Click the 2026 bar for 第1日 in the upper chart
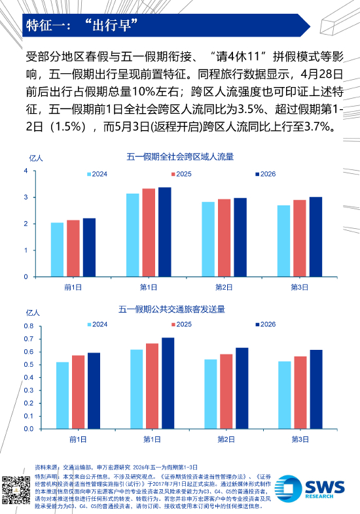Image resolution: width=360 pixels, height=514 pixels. (x=165, y=232)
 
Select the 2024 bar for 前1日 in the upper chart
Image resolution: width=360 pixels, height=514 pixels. (x=57, y=250)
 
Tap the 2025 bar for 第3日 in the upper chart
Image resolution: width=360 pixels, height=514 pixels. (x=300, y=238)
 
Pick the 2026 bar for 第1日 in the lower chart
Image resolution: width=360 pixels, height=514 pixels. (x=168, y=383)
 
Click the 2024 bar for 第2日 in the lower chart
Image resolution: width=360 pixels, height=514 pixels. (x=211, y=394)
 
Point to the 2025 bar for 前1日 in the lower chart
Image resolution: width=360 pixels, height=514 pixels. (x=78, y=392)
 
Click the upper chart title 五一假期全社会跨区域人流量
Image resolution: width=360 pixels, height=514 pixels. (x=180, y=157)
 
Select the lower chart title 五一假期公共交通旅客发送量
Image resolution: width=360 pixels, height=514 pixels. (x=171, y=309)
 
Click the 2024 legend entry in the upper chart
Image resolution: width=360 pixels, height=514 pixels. (x=97, y=174)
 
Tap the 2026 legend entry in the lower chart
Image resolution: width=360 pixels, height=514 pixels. (x=266, y=324)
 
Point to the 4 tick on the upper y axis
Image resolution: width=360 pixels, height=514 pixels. (x=26, y=171)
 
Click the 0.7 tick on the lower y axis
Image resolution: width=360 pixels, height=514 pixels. (x=29, y=339)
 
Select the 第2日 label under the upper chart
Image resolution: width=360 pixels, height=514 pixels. (x=224, y=288)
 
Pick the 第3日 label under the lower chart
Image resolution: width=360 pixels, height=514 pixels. (x=300, y=439)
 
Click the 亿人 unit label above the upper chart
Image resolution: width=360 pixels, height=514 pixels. (x=36, y=158)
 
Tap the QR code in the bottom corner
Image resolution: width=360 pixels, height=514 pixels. (x=16, y=490)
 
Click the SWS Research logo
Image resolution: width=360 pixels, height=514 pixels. (x=310, y=488)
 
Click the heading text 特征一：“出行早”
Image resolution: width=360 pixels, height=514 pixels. (x=82, y=26)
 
